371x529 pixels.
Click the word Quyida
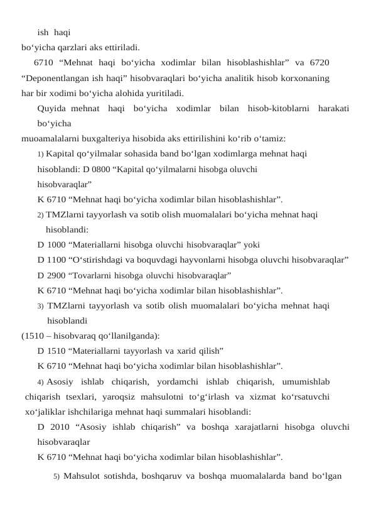(51, 108)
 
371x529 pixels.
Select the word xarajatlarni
(251, 427)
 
